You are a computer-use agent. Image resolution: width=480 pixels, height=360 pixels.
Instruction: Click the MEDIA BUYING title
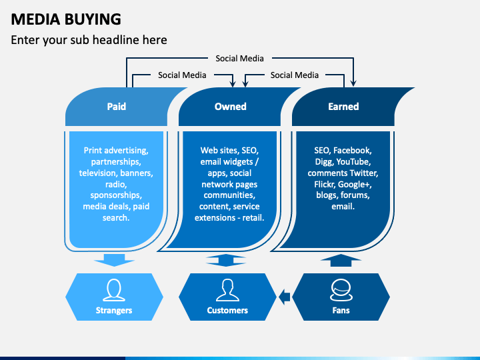(66, 19)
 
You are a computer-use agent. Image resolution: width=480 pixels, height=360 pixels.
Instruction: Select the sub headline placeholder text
(89, 40)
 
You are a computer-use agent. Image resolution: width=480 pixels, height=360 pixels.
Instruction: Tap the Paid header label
(116, 106)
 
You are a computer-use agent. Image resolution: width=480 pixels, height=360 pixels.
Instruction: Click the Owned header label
(230, 106)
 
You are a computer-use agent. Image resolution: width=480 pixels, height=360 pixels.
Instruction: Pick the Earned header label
(343, 106)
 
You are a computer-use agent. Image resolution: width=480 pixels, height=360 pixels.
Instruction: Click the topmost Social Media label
(239, 58)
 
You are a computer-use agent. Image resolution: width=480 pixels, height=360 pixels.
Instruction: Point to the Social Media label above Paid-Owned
(182, 75)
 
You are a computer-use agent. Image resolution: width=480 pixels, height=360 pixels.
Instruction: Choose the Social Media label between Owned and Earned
(295, 75)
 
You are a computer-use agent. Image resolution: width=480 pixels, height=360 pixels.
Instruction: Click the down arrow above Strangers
(114, 260)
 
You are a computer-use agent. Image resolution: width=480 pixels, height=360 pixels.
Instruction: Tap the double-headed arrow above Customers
(226, 260)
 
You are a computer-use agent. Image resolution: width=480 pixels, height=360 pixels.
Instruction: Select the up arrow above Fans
(341, 260)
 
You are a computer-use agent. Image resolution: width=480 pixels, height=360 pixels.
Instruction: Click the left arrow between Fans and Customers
(285, 297)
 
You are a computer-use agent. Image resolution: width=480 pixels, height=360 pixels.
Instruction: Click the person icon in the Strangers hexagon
(114, 290)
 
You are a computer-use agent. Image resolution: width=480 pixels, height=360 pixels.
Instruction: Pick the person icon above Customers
(227, 290)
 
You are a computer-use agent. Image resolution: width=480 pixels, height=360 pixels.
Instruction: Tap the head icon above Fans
(341, 290)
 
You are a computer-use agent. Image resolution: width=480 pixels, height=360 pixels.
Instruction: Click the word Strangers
(114, 311)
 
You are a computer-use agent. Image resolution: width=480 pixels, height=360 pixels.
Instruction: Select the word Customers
(227, 311)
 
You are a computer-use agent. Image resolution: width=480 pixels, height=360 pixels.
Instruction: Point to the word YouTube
(353, 161)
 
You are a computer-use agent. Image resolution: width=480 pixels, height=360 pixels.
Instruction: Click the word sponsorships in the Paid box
(116, 195)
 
